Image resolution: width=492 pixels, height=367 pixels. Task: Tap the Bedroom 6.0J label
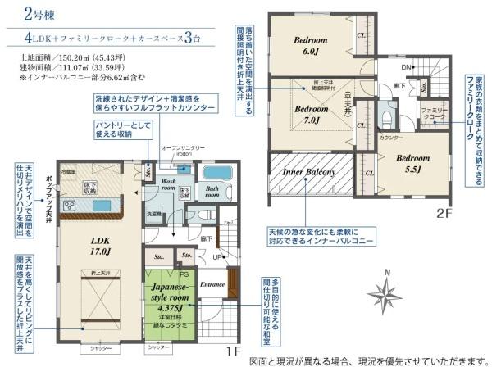point(311,44)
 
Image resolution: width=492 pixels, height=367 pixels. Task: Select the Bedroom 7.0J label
point(310,114)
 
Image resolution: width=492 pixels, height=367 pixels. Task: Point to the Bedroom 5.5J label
point(408,165)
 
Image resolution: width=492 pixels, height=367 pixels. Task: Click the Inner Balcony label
point(309,173)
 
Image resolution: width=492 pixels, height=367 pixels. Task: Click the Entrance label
point(212,283)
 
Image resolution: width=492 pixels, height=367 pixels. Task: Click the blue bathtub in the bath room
point(217,174)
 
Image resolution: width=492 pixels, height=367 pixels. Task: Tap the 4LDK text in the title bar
point(43,39)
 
